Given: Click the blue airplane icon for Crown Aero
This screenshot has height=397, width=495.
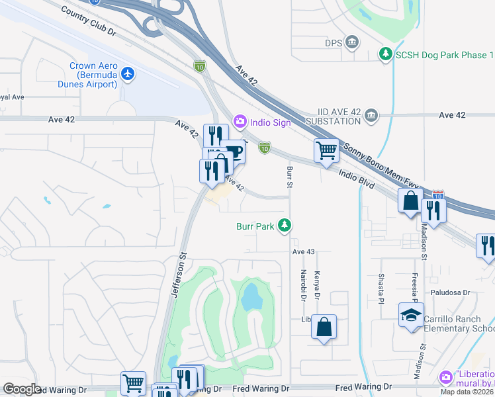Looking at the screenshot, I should tap(128, 73).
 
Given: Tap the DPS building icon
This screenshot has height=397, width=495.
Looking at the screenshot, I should tap(352, 43).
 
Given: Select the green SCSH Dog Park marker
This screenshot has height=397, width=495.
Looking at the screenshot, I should tap(385, 54).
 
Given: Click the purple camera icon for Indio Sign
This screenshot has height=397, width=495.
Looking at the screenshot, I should tap(240, 121).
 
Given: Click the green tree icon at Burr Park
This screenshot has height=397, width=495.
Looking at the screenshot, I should tap(285, 226).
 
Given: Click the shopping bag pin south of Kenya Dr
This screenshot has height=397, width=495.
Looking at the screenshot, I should tap(324, 327).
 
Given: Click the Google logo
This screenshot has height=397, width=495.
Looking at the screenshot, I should tap(22, 388).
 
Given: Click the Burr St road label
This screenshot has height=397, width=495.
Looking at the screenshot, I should tap(289, 177).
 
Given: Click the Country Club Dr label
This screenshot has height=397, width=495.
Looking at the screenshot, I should tap(88, 21).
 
